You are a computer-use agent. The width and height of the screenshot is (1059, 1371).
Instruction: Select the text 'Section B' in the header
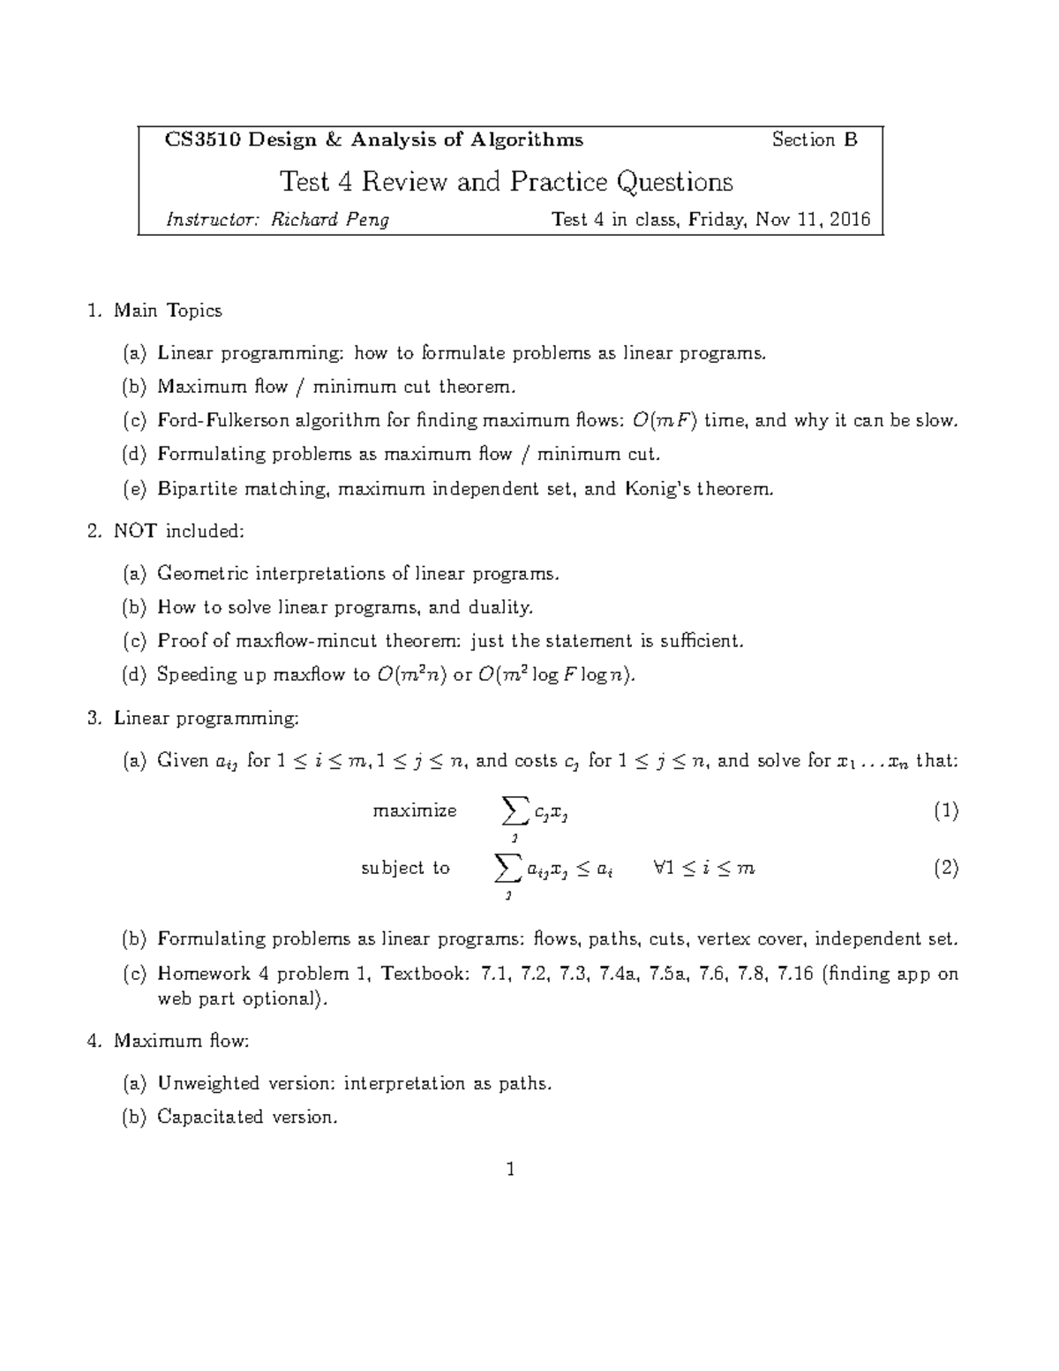(x=814, y=139)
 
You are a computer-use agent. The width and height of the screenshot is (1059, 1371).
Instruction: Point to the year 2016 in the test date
(x=850, y=219)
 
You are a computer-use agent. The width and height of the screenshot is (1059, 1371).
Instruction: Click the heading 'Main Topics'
(x=168, y=311)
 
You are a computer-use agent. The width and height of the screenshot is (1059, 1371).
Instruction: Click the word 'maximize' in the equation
(x=415, y=810)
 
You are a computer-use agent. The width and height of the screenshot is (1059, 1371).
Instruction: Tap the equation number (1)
(x=945, y=810)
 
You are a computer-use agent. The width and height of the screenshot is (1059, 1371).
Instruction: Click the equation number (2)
(x=945, y=868)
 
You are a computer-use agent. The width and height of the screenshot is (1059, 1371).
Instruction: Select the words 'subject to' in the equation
(x=405, y=868)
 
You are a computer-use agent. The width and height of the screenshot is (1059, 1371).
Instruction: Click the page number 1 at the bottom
(x=510, y=1171)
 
